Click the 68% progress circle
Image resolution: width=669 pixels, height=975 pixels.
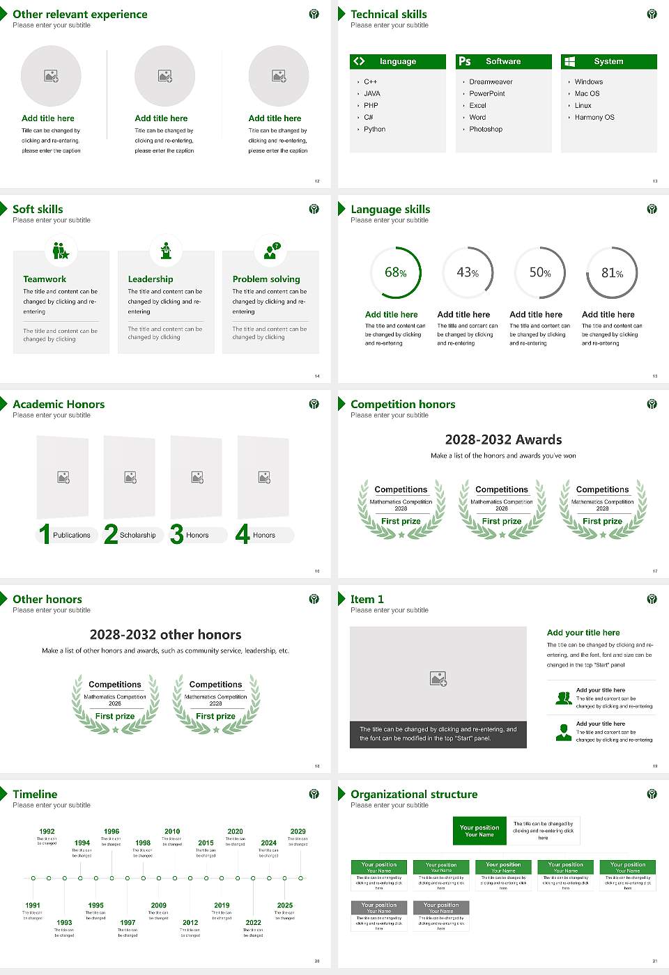[396, 273]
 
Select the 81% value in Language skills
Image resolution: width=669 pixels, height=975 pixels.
[612, 273]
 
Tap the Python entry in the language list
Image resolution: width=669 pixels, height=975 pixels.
[374, 129]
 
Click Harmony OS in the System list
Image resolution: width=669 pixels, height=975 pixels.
[594, 117]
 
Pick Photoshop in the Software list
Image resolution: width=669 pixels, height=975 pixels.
[486, 129]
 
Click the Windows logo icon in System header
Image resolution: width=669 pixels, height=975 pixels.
[569, 61]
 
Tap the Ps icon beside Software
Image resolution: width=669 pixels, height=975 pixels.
[465, 61]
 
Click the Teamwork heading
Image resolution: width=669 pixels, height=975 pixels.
[45, 279]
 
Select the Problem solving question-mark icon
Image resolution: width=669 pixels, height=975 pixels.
[271, 251]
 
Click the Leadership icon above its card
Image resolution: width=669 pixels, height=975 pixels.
[166, 251]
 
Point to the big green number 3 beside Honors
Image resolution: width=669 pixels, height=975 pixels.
[177, 534]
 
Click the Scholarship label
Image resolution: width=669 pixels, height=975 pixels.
[137, 535]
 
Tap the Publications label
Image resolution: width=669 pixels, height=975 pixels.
[72, 535]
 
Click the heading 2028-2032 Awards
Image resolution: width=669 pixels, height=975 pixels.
[503, 439]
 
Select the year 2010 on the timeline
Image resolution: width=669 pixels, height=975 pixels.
[172, 831]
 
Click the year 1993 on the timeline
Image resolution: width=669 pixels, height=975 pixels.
[64, 922]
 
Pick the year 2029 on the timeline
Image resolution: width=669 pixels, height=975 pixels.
[298, 831]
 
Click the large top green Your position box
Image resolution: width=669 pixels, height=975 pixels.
[479, 831]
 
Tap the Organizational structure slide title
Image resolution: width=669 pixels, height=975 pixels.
[414, 794]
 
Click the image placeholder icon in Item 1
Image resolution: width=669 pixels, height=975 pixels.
[438, 678]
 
